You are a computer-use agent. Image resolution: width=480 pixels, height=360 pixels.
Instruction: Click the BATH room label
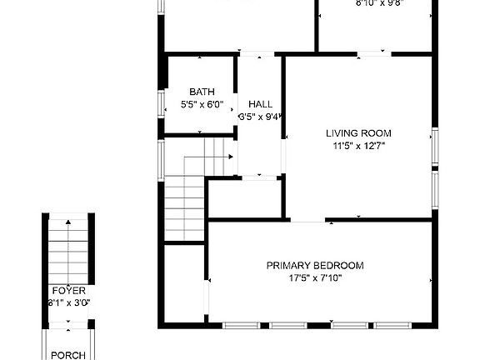tap(201, 92)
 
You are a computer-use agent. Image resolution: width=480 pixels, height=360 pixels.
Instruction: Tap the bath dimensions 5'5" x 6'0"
tap(201, 104)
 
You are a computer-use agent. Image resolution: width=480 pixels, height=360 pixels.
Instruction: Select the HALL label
tap(260, 104)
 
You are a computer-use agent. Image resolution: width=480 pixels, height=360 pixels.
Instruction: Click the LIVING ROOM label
tap(358, 132)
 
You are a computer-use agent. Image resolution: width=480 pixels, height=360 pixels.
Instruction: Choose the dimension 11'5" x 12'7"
tap(358, 145)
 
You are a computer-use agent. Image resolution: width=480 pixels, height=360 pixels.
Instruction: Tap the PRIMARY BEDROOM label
tap(315, 266)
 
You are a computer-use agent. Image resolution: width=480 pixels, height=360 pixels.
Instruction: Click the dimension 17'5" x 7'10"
tap(315, 278)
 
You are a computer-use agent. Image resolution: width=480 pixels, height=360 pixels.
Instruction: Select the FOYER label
tap(68, 291)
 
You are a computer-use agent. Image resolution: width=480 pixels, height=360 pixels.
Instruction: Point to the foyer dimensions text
tap(68, 303)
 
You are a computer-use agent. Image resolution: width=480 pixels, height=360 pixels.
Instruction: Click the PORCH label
tap(68, 355)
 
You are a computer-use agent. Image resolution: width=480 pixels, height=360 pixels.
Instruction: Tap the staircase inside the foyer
tap(68, 250)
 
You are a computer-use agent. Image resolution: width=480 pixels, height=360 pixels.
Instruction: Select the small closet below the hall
tap(244, 198)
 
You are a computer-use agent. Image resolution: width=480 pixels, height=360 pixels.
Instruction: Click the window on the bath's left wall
tap(161, 101)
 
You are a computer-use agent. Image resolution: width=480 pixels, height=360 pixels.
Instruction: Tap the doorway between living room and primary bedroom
tap(308, 220)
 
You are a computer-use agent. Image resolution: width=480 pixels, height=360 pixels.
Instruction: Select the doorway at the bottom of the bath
tap(202, 133)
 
